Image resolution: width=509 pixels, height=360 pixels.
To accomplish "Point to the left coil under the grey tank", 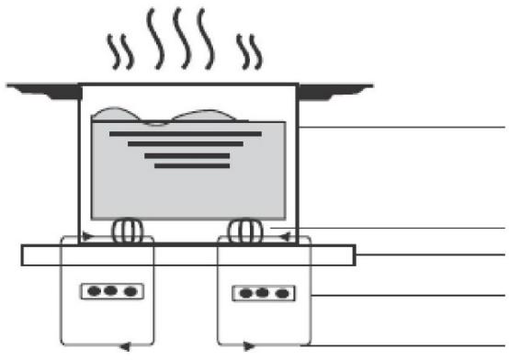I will click(x=127, y=230).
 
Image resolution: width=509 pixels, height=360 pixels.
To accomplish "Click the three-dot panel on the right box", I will click(x=262, y=294).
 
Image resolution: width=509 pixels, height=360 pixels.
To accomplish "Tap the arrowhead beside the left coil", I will click(x=89, y=237).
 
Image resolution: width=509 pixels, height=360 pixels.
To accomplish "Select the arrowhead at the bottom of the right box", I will click(x=246, y=347).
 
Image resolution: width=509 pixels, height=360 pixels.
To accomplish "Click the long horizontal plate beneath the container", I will click(x=188, y=254).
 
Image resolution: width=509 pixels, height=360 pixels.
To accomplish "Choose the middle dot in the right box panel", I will click(x=262, y=294).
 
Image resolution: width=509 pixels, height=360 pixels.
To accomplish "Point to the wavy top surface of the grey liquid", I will click(x=184, y=116).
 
